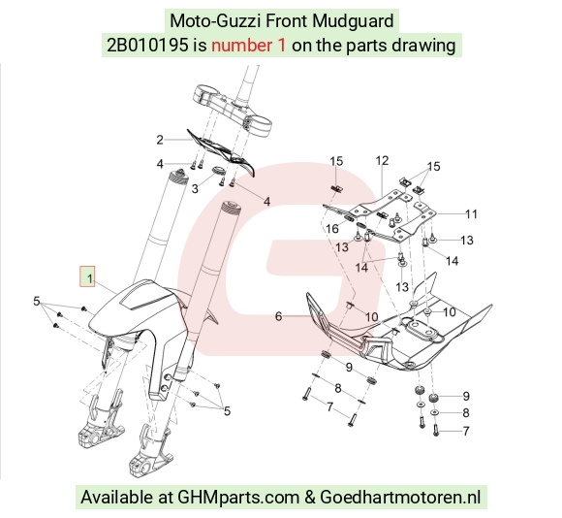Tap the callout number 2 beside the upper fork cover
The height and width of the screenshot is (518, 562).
tap(160, 140)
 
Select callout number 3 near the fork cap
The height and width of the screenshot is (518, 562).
tap(195, 188)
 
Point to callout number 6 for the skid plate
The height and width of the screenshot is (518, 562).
tap(278, 316)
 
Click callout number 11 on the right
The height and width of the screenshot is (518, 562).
tap(471, 214)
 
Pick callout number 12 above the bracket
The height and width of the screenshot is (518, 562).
tap(382, 160)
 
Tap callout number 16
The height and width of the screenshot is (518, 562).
tap(332, 229)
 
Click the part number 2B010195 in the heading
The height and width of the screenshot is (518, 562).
tap(147, 46)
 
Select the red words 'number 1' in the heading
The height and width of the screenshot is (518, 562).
tap(248, 46)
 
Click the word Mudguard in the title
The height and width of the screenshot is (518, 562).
tap(353, 20)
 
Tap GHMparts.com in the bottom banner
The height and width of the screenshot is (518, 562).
tap(238, 498)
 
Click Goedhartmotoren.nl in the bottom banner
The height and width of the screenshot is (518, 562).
tap(400, 498)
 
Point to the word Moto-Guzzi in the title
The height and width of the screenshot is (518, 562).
tap(215, 20)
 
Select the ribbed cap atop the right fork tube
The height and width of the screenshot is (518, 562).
tap(231, 208)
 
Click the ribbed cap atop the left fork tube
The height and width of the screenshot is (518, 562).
tap(178, 177)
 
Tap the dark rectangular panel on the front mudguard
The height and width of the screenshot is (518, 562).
tap(147, 298)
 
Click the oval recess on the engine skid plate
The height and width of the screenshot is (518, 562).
tap(422, 328)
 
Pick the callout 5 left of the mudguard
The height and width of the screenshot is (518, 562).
tap(36, 301)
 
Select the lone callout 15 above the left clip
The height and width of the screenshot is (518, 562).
tap(336, 161)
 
